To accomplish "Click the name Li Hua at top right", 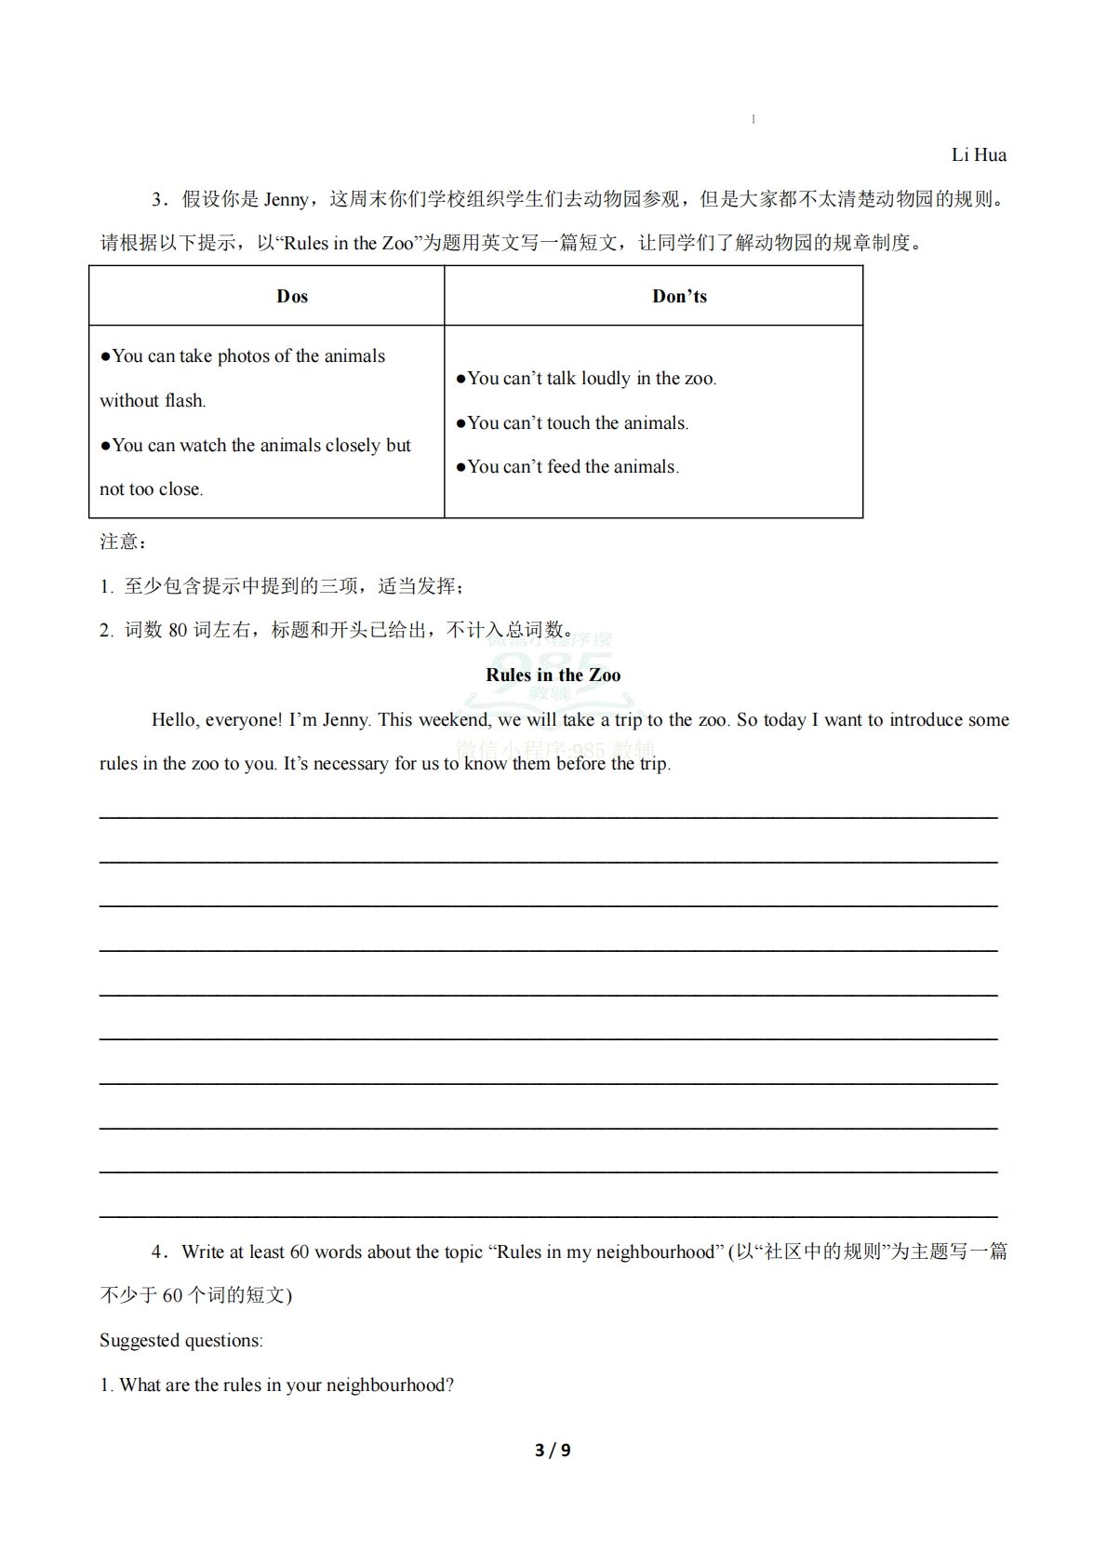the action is [x=979, y=155].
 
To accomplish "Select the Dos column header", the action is [x=292, y=297].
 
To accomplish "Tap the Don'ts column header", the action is [x=679, y=297].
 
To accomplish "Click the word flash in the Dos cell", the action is [x=184, y=401].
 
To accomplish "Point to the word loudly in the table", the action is [x=606, y=379].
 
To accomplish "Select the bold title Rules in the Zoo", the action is [x=553, y=676].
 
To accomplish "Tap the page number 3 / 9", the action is [x=553, y=1450].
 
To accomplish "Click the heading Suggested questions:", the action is [x=181, y=1341].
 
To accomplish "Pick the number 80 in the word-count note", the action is [x=178, y=631].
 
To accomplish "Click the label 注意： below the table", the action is [x=123, y=542].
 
